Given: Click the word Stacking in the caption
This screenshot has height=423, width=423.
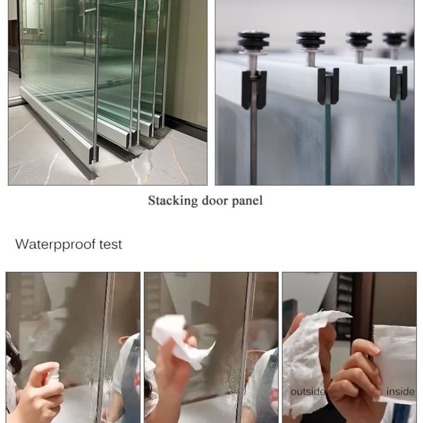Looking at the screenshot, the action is (173, 201).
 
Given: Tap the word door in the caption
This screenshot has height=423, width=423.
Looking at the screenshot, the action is (215, 200).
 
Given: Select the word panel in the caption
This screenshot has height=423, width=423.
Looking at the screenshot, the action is (247, 201).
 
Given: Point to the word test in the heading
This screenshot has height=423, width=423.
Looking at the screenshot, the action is (111, 244).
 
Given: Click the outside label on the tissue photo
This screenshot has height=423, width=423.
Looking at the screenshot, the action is (308, 391).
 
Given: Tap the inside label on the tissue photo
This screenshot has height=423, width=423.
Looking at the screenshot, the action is (401, 391).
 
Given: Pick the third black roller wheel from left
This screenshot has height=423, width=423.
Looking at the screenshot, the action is (360, 39).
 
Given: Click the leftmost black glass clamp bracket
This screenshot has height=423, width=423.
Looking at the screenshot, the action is (254, 89).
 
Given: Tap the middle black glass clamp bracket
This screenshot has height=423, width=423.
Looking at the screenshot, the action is (328, 86).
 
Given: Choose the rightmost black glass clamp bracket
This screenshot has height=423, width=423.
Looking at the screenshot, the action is (399, 84).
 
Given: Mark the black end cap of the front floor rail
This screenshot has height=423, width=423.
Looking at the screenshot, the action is (94, 155).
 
